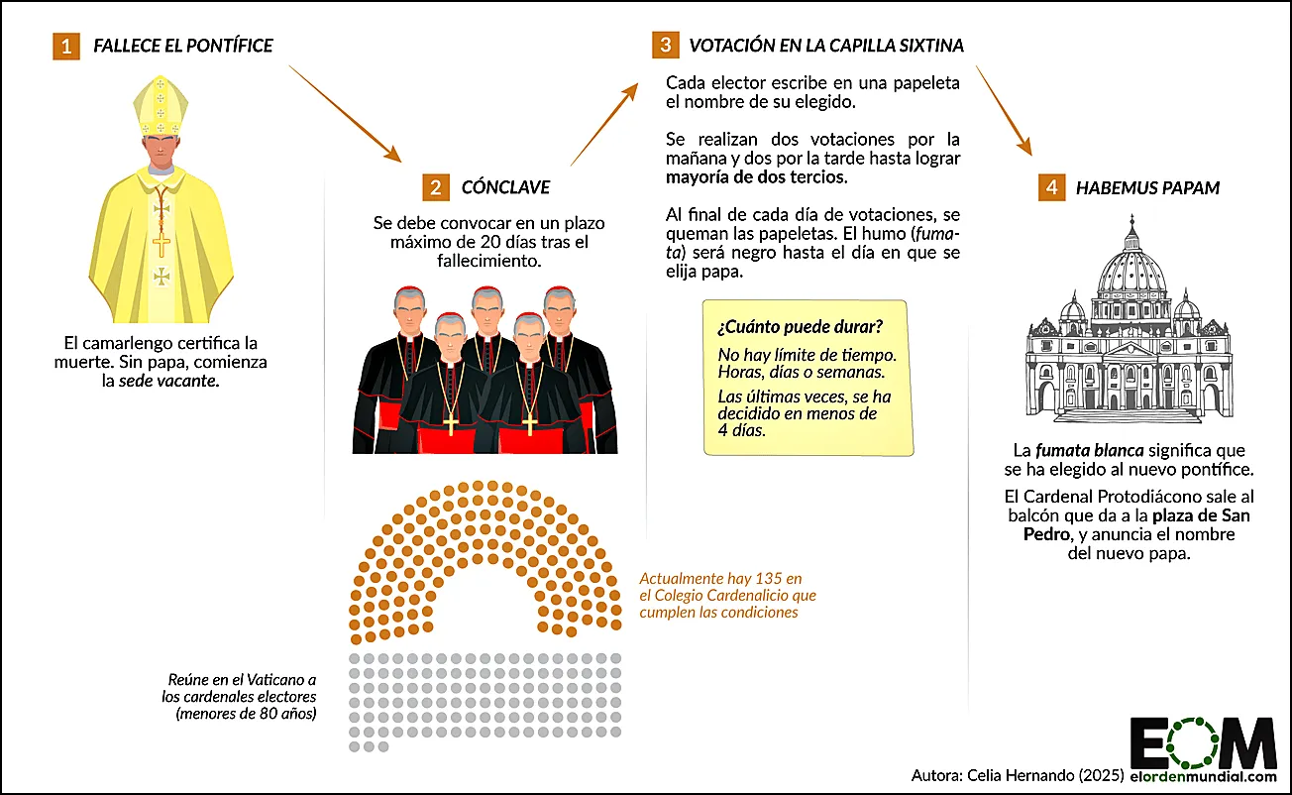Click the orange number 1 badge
pos(66,46)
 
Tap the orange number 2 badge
pos(435,187)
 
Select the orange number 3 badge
pos(665,46)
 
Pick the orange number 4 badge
pos(1051,187)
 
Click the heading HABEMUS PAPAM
pos(1147,187)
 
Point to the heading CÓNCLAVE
pos(505,187)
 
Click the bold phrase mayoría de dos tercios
pos(756,177)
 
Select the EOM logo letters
pos(1203,739)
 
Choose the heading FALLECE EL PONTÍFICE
pos(182,46)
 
